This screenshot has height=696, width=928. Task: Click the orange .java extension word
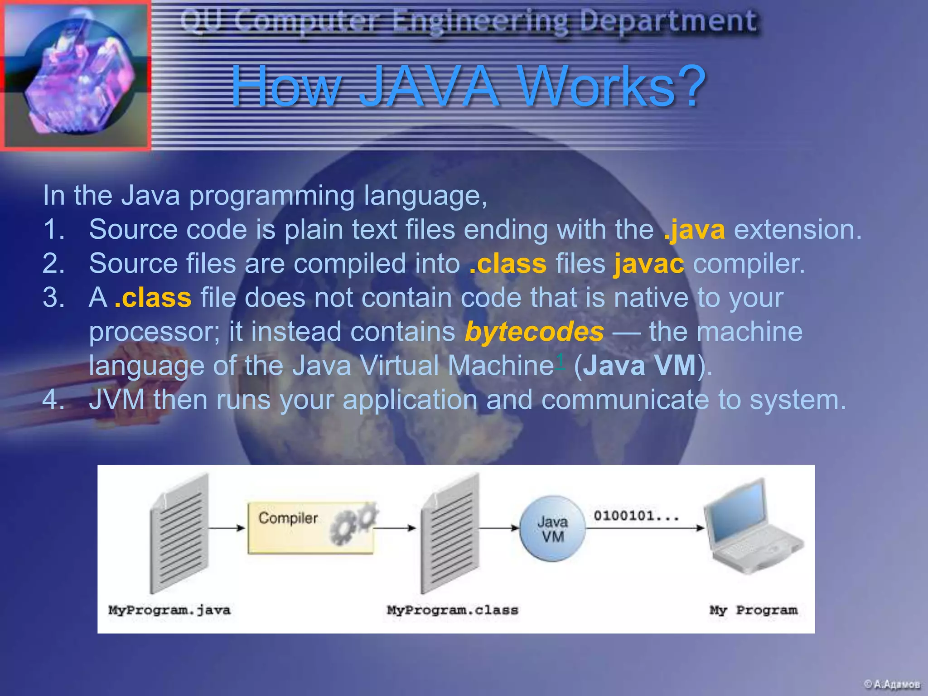pos(694,230)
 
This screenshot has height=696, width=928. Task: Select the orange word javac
pos(648,264)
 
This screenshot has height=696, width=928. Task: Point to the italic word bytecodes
pos(534,332)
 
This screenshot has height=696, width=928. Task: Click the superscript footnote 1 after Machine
pos(560,361)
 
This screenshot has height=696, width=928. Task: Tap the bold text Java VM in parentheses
pos(639,365)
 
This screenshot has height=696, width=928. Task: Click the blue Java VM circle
pos(552,529)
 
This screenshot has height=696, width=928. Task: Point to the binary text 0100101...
pos(636,516)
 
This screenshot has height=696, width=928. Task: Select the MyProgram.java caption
pos(169,610)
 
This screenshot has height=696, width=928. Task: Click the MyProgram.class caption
pos(452,610)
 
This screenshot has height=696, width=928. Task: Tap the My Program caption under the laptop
pos(754,610)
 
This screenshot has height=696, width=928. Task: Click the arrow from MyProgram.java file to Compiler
pos(227,528)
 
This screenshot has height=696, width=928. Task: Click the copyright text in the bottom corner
pos(891,684)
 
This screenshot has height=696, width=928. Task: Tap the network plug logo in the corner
pos(76,76)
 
